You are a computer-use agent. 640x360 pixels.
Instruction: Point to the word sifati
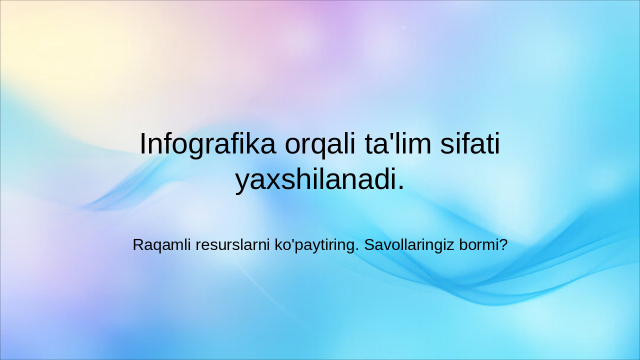470,144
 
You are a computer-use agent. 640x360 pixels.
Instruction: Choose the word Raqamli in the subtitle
162,245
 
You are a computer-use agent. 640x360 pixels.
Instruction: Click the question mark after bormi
503,245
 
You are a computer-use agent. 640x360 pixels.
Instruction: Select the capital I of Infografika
142,144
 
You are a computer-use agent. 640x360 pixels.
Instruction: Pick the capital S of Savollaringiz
368,245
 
